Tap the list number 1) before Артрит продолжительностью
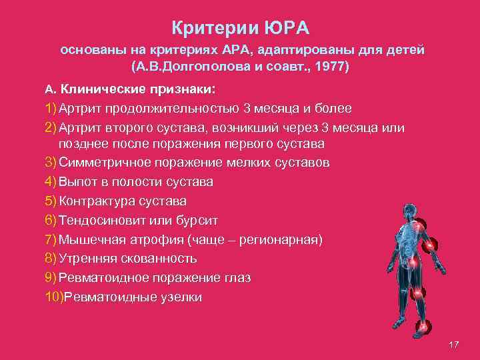[x=51, y=108]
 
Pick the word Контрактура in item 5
[x=97, y=201]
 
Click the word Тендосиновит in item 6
[x=103, y=220]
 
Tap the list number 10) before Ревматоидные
[x=53, y=297]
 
